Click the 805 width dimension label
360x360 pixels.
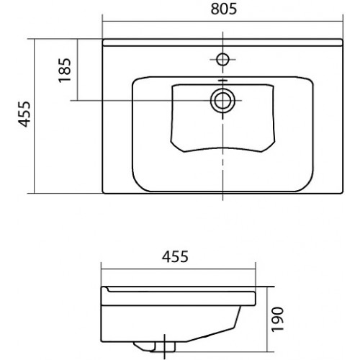tap(224, 9)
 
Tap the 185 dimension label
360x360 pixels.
tap(65, 71)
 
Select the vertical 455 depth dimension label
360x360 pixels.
tap(24, 114)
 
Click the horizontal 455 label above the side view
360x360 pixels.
tap(175, 256)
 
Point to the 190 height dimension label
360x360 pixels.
tap(277, 319)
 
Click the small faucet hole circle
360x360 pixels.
tap(222, 59)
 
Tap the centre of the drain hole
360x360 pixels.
tap(222, 100)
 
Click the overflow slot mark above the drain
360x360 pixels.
tap(222, 81)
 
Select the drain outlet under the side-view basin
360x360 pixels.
tap(155, 347)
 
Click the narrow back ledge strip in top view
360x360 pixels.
tap(222, 42)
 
